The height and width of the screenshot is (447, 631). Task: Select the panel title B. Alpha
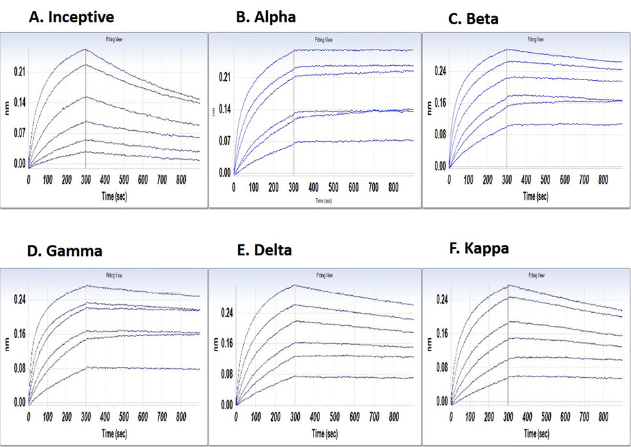click(265, 18)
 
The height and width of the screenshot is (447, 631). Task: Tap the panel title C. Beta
click(474, 19)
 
